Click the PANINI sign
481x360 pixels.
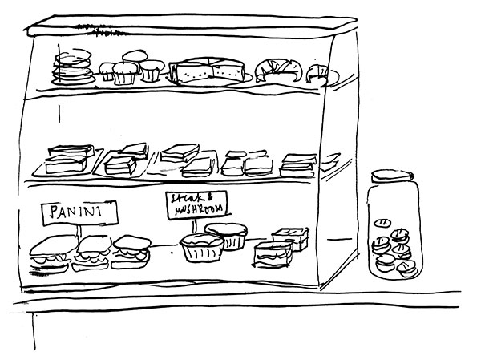click(x=79, y=212)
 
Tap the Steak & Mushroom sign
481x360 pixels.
click(x=196, y=205)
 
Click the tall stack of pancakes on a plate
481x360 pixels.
click(x=73, y=67)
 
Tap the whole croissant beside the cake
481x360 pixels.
click(x=277, y=70)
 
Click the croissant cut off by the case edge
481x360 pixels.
click(x=318, y=73)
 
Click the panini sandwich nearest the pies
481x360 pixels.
click(x=131, y=252)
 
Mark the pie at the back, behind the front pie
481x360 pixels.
click(x=227, y=235)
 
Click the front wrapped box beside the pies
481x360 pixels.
click(x=273, y=253)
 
